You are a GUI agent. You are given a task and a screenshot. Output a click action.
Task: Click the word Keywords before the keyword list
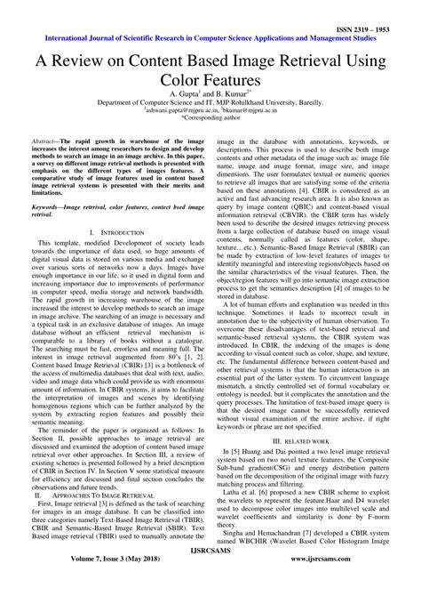pos(47,205)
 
